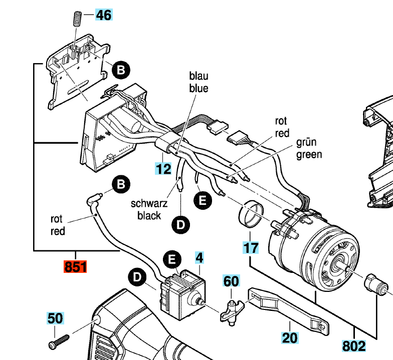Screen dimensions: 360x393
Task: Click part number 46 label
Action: point(104,15)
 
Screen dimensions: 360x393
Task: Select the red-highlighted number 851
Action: point(75,267)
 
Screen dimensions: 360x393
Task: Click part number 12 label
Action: point(163,169)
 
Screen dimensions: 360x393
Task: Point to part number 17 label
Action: point(251,247)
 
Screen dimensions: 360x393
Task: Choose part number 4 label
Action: point(200,259)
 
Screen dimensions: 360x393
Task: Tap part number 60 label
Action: point(231,281)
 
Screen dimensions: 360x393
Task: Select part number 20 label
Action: point(290,338)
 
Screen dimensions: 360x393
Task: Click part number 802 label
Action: point(354,345)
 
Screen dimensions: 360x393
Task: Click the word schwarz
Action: point(149,204)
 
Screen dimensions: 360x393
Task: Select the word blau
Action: point(198,76)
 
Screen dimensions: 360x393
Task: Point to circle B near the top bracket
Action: point(120,71)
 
